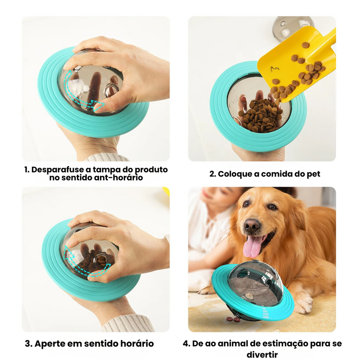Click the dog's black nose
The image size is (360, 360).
coord(252,225)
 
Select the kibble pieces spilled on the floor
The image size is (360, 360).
coord(234,319)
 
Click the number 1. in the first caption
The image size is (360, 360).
coord(27,170)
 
